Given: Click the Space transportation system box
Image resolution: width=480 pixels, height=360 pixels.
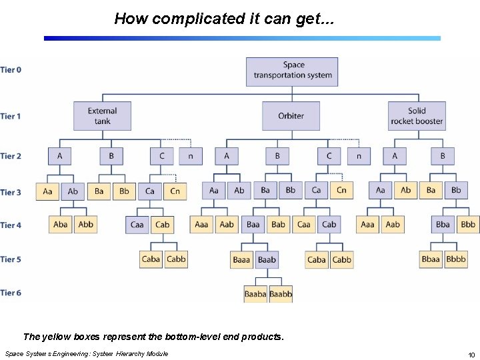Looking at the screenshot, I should click(x=292, y=71).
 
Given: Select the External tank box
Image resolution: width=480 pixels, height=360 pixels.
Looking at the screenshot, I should click(x=102, y=116).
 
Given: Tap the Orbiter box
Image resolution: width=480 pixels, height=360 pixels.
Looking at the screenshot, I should click(x=291, y=116).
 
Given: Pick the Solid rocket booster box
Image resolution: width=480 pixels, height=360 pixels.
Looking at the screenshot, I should click(x=417, y=116).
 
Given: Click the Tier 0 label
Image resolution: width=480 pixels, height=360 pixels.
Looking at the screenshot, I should click(x=11, y=69).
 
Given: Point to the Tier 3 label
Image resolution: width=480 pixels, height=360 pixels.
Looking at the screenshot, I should click(x=11, y=192).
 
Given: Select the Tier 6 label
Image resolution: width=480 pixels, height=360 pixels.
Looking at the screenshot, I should click(x=11, y=293).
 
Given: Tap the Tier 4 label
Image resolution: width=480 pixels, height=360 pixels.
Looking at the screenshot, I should click(x=11, y=225).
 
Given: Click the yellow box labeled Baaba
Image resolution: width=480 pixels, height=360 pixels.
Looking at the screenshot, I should click(x=255, y=293).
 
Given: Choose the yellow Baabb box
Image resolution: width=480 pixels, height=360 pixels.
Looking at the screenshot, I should click(x=281, y=293).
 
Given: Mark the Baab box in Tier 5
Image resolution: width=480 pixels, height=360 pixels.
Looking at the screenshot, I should click(x=267, y=259).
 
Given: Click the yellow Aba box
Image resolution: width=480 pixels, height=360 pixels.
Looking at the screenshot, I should click(x=61, y=225).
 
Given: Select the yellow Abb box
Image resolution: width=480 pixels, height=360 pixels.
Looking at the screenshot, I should click(x=86, y=225).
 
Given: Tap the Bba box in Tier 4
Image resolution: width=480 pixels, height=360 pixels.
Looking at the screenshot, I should click(x=443, y=225).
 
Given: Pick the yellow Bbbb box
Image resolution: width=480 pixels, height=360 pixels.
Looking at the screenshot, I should click(x=456, y=259).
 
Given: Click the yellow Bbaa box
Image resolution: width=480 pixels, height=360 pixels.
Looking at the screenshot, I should click(x=431, y=259).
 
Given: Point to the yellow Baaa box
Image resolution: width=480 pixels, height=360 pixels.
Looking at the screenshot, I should click(x=241, y=259).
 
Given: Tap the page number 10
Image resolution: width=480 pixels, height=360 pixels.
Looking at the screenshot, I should click(x=471, y=354).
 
